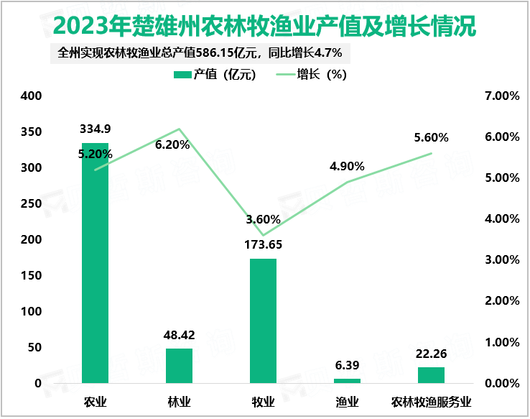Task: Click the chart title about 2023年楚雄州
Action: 264,27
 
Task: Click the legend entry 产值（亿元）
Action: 215,75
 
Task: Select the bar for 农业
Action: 96,263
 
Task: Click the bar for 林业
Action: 180,366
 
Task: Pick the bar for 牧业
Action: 263,321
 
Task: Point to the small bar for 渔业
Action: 347,380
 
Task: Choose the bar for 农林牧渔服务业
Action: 431,375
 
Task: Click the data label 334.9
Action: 96,129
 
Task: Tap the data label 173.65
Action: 263,244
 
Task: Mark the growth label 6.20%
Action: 172,144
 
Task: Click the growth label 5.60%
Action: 431,137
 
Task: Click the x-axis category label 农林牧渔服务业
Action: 431,401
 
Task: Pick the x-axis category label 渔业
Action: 347,401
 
